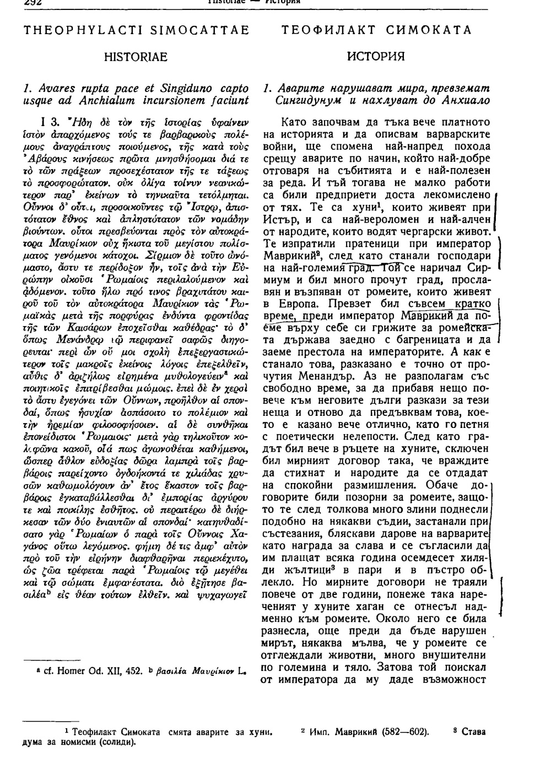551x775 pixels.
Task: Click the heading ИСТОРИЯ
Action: tap(376, 56)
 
